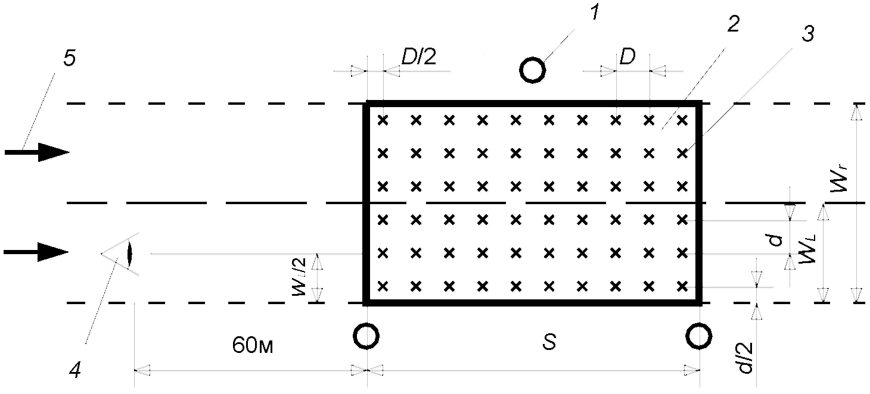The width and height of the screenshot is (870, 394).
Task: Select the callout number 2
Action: pos(733,24)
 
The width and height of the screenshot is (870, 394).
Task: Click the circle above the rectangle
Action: pos(533,70)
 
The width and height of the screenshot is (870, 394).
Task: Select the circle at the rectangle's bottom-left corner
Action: pos(365,336)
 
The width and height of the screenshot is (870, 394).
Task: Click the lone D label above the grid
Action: pos(627,58)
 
